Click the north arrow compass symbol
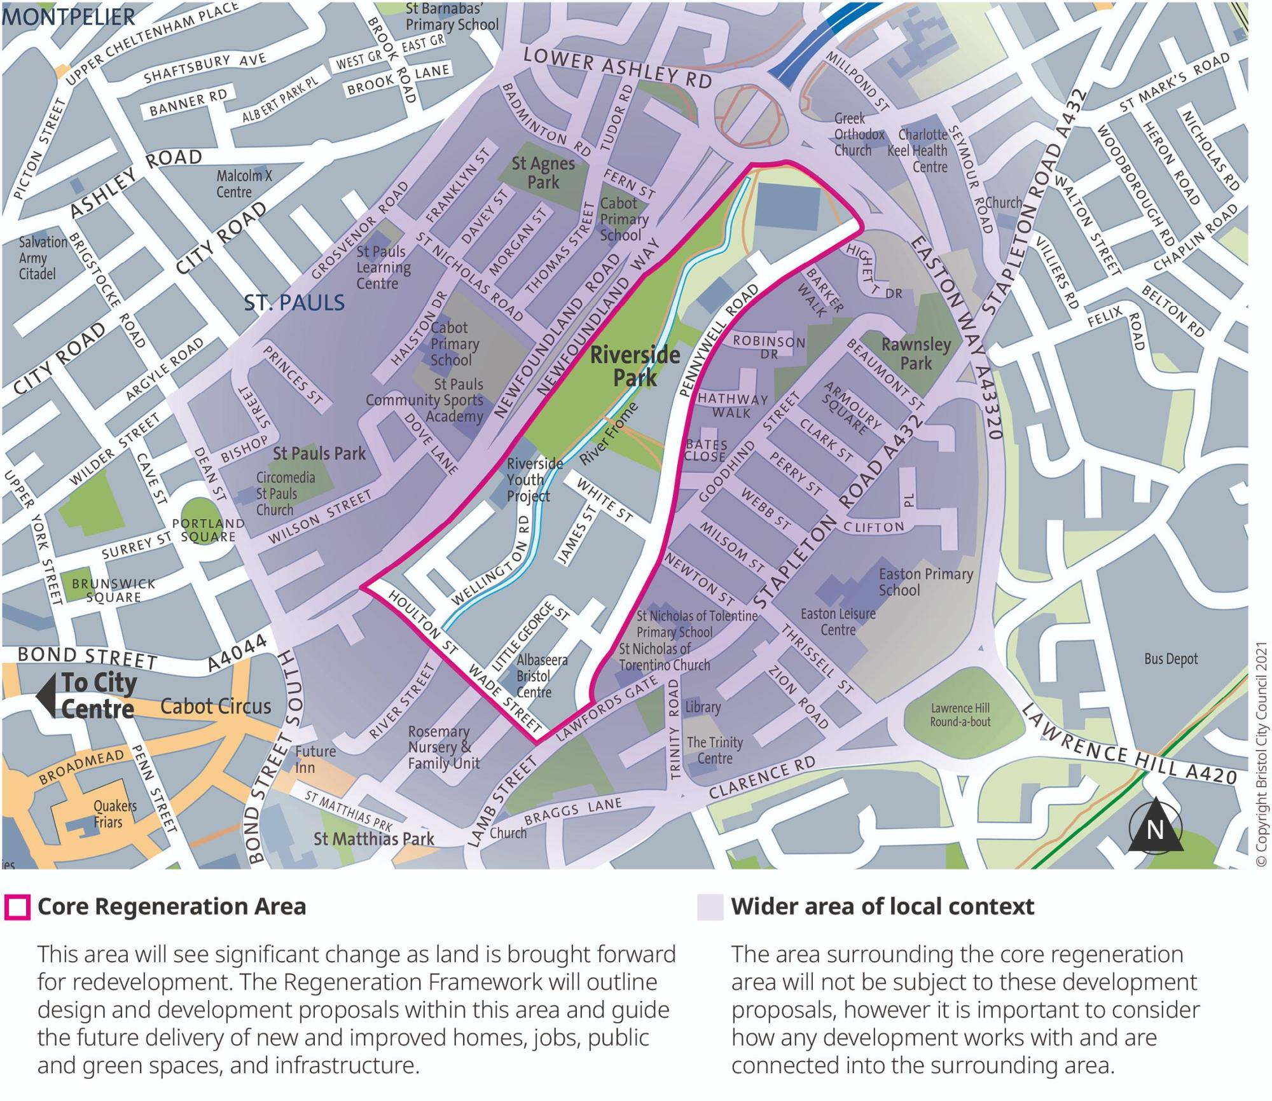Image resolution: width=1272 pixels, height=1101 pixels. tap(1156, 827)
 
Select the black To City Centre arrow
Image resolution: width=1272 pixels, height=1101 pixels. tap(46, 696)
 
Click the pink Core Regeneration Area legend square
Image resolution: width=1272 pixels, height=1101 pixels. tap(17, 907)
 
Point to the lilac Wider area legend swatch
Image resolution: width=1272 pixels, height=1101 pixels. tap(710, 907)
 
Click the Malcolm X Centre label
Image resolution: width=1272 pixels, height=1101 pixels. tap(244, 183)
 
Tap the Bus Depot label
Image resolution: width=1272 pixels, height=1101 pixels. tap(1171, 659)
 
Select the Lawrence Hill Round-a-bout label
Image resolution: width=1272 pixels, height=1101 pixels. tap(960, 715)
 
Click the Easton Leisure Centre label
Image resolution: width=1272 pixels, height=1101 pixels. tap(838, 621)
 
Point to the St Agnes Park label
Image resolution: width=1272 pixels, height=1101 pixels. tap(543, 172)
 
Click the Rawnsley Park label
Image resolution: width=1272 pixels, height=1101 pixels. tap(916, 354)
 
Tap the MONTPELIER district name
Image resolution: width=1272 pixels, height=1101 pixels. tap(69, 17)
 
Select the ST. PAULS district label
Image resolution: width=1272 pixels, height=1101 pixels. tap(294, 303)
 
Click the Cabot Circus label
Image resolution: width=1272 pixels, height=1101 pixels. tap(216, 706)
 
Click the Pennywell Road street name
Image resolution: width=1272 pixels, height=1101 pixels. tap(720, 340)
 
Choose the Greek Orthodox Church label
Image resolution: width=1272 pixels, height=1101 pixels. tap(859, 134)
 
